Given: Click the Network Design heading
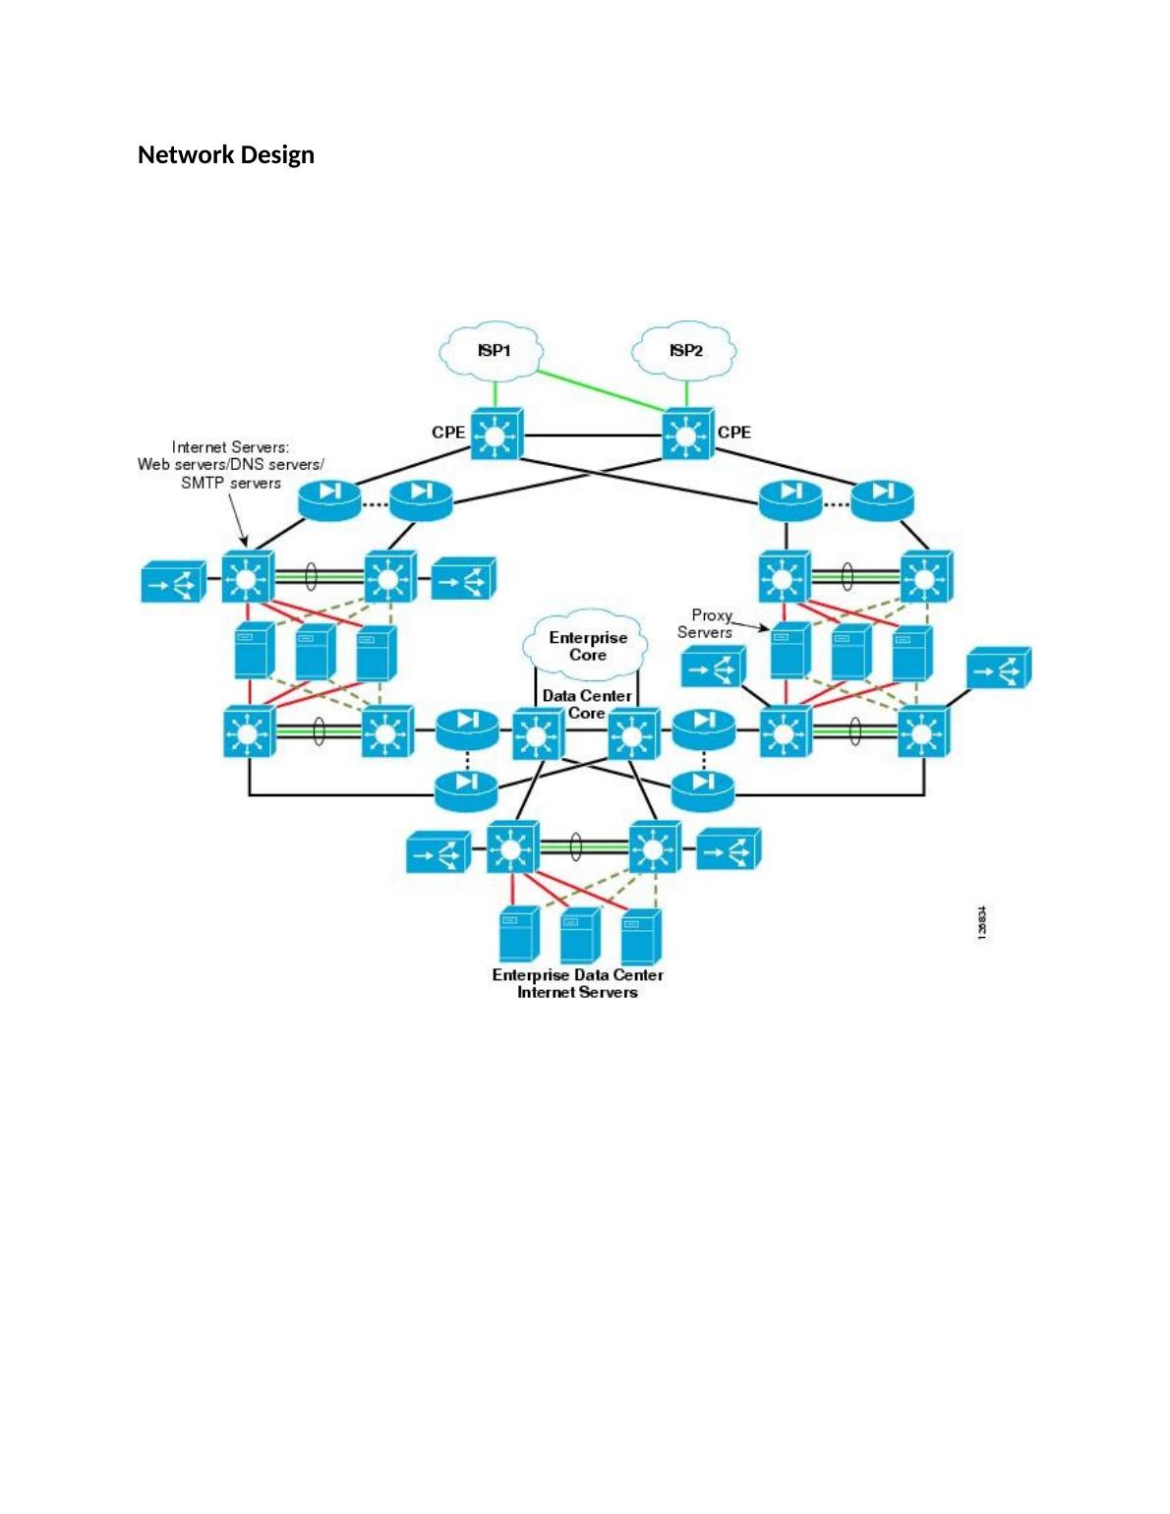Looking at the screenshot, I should (225, 155).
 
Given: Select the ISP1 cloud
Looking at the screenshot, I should (493, 352).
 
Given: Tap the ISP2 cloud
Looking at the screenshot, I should (685, 352).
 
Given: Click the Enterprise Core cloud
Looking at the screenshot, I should (587, 646).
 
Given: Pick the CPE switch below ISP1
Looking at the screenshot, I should (496, 434).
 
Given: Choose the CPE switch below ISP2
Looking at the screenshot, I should (687, 434).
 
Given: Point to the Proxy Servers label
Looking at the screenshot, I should (706, 624).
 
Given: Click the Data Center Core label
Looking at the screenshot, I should (587, 704).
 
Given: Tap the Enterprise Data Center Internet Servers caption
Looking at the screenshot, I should (577, 984).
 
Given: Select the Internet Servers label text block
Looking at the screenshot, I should (230, 464).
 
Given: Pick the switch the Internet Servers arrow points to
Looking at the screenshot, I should (246, 578).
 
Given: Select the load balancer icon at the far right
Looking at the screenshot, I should (999, 670).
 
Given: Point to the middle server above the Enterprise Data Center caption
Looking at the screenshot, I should (580, 936).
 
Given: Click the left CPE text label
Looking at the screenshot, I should (448, 433).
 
